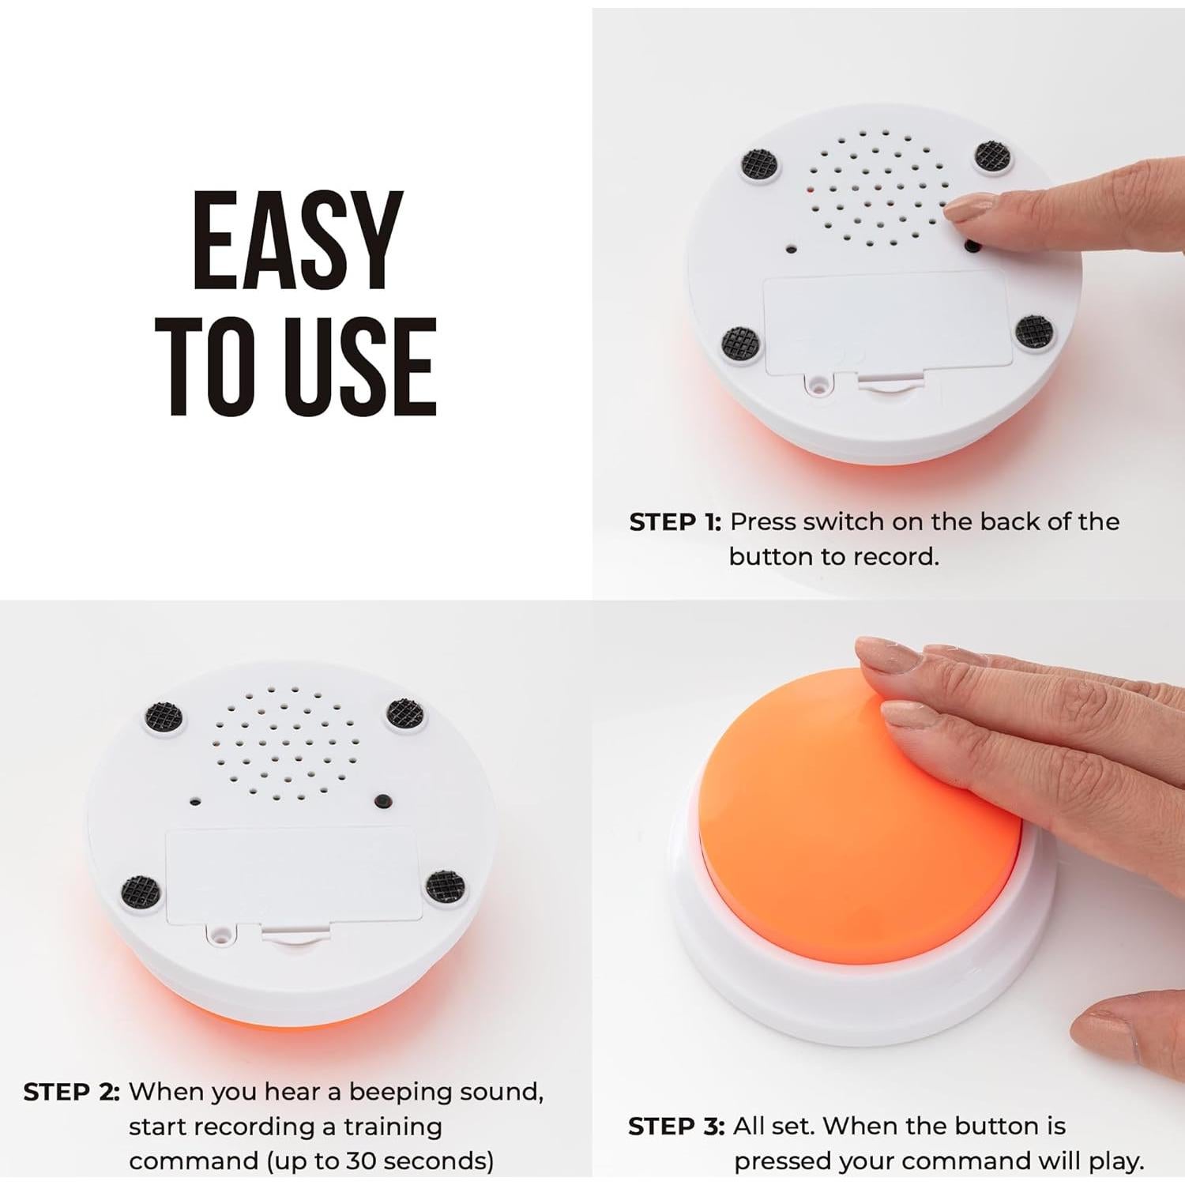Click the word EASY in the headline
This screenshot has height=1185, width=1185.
[297, 241]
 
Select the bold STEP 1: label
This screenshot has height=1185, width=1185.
[675, 522]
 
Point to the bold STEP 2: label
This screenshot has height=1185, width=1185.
[71, 1093]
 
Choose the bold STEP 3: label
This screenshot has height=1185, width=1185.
[675, 1127]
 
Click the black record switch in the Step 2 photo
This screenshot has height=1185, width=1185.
[383, 801]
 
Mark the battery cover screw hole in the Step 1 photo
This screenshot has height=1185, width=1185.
[819, 385]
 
